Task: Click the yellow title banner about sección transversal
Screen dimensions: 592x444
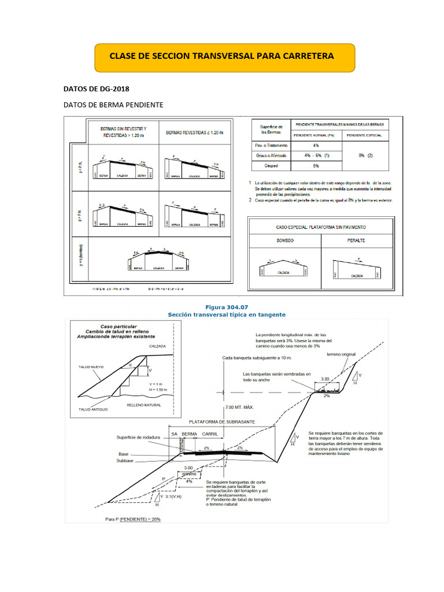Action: pos(222,57)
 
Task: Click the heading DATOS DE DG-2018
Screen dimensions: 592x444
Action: pos(96,89)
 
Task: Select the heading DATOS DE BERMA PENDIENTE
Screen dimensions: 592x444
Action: pos(113,105)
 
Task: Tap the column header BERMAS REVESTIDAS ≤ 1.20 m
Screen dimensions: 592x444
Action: pos(194,132)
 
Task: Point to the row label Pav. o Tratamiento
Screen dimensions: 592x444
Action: pos(271,145)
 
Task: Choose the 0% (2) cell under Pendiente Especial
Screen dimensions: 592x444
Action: pos(365,156)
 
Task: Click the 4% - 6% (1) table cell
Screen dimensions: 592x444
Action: pos(316,156)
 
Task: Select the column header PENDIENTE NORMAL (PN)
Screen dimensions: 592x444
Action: pos(315,135)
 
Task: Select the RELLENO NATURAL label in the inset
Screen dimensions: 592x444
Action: pos(144,406)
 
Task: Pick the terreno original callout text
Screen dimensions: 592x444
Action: pos(341,354)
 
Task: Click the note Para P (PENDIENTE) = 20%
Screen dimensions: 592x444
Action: pos(133,519)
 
